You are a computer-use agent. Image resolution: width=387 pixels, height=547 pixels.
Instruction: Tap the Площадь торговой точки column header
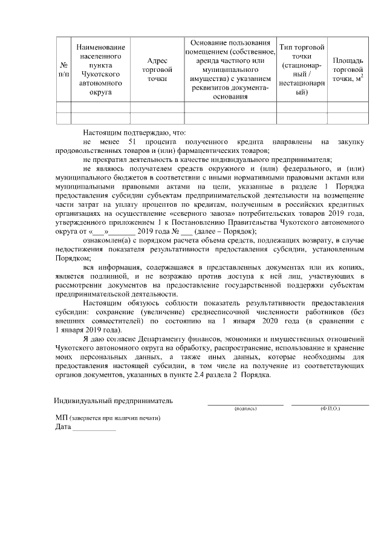[x=348, y=70]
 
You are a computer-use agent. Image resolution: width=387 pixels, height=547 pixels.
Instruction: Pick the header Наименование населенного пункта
[x=100, y=70]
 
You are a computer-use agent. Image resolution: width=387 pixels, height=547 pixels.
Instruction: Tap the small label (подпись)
[x=246, y=409]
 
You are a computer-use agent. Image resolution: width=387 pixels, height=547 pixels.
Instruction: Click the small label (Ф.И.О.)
[x=330, y=409]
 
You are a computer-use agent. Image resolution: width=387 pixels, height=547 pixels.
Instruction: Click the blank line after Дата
[x=94, y=430]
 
